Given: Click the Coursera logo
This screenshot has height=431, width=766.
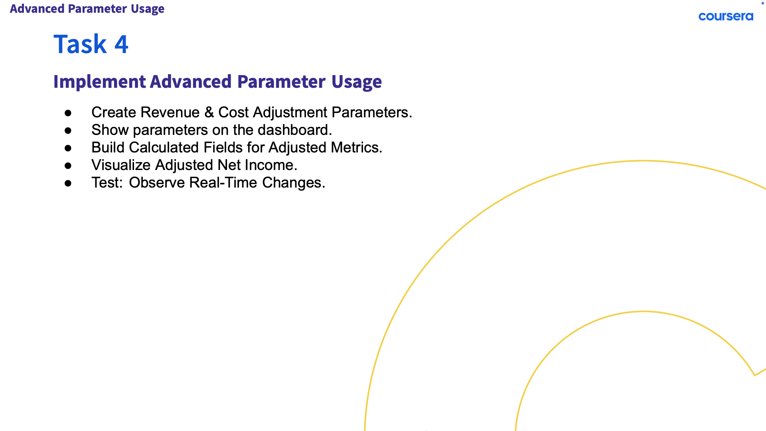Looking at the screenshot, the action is click(x=726, y=16).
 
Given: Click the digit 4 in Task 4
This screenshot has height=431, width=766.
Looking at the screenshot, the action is click(x=121, y=44).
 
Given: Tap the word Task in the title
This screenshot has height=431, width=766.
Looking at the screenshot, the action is click(x=80, y=44).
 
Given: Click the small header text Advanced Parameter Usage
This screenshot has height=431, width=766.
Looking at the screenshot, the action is click(x=87, y=9).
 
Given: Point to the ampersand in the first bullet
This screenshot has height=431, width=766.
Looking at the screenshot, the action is click(x=209, y=113).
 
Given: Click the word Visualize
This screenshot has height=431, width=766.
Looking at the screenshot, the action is click(x=121, y=165).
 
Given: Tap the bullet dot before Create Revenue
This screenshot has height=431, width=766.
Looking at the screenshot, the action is click(x=68, y=113).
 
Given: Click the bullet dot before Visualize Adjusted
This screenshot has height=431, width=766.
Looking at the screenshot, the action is click(x=68, y=166).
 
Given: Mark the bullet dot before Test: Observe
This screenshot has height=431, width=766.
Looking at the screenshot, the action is click(x=68, y=184).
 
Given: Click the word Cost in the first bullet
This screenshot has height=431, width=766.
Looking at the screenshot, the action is click(x=233, y=113).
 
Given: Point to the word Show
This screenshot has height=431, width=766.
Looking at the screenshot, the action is click(x=110, y=130).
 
